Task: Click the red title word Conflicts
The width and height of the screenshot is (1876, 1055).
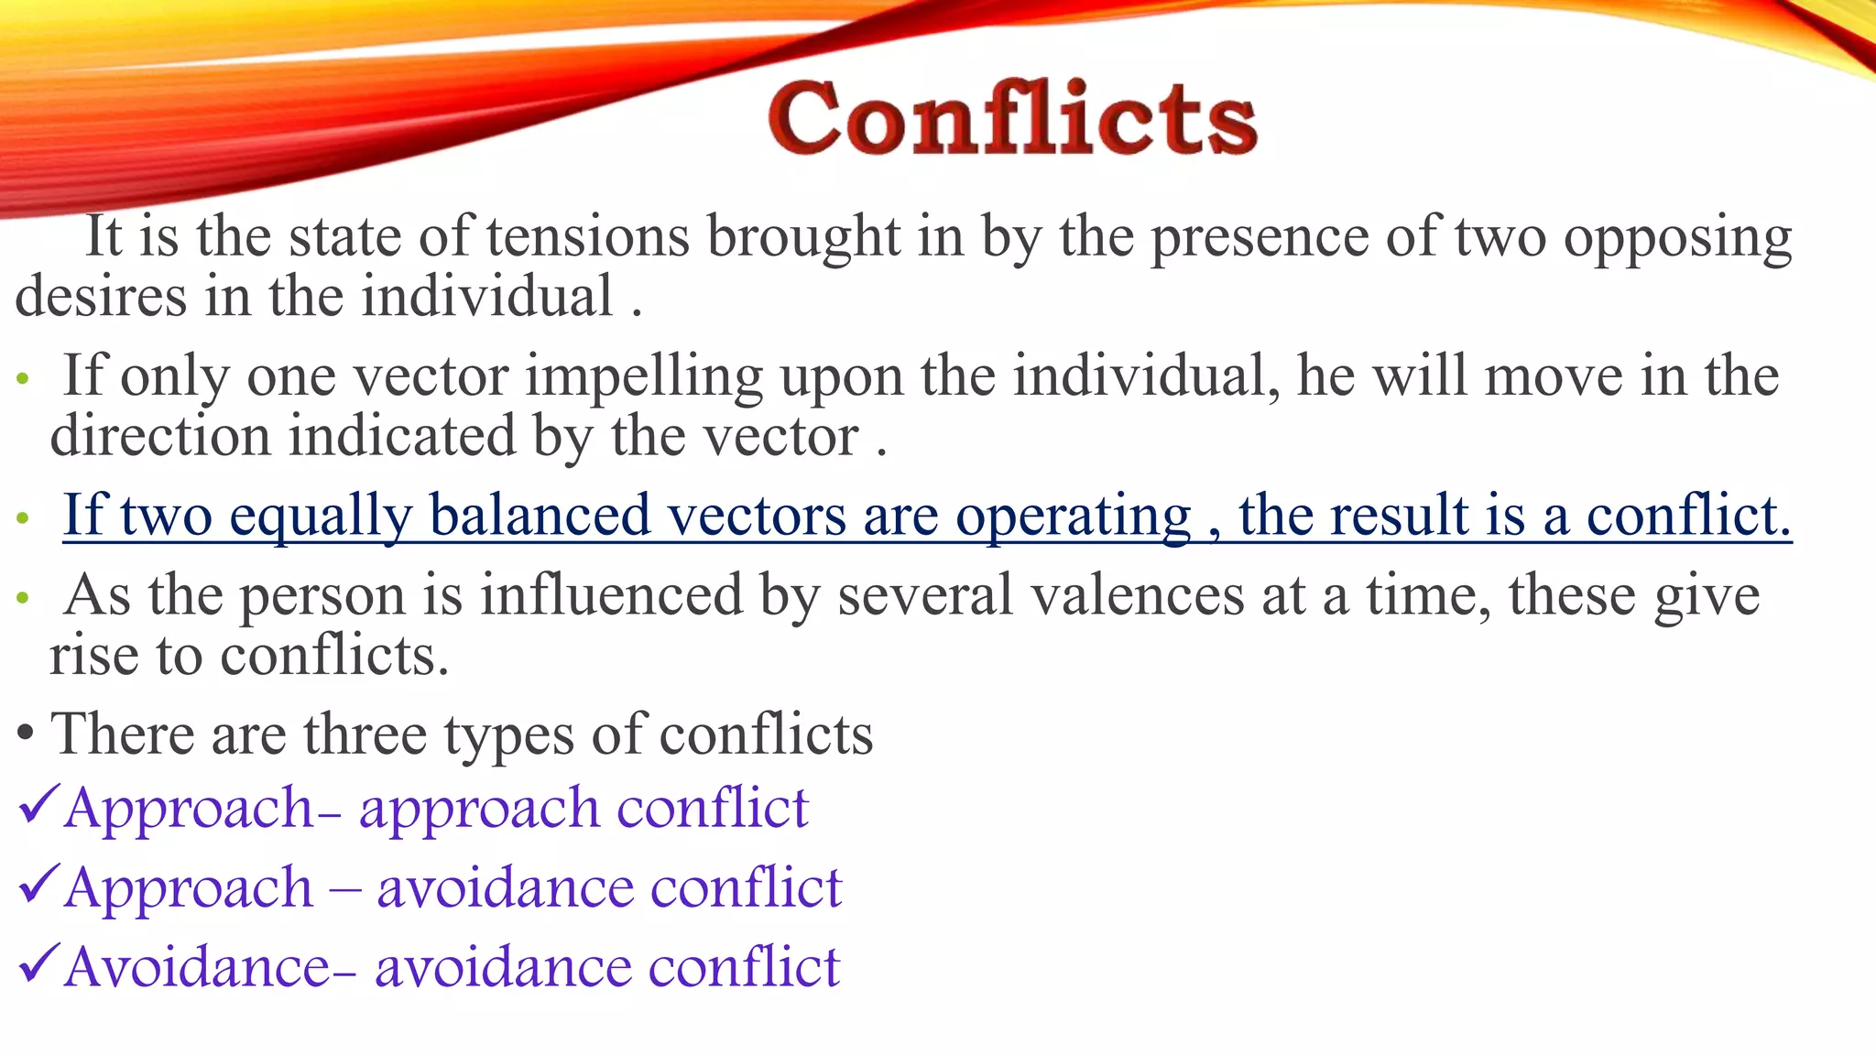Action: (x=1012, y=119)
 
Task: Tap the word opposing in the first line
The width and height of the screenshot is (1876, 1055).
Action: (x=1677, y=237)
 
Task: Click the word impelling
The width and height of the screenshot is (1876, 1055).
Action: (x=644, y=376)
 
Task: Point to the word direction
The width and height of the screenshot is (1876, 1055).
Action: (x=160, y=436)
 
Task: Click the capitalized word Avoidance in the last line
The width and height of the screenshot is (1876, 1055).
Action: (x=197, y=967)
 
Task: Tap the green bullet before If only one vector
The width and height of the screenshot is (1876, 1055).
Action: (x=24, y=379)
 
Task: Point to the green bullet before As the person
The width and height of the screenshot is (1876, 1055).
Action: (x=24, y=599)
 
